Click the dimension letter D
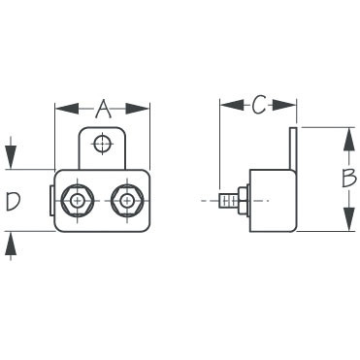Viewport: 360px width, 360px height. click(x=14, y=201)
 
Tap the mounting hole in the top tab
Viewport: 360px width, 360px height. click(x=101, y=145)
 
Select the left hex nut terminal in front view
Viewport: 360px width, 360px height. click(x=76, y=201)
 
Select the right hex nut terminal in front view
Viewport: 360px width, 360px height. click(x=126, y=201)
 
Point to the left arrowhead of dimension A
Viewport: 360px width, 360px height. click(x=59, y=107)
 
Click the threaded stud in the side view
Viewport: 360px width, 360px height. click(x=227, y=202)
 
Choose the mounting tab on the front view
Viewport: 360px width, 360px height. click(x=101, y=147)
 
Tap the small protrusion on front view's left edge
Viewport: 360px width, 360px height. click(x=52, y=201)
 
